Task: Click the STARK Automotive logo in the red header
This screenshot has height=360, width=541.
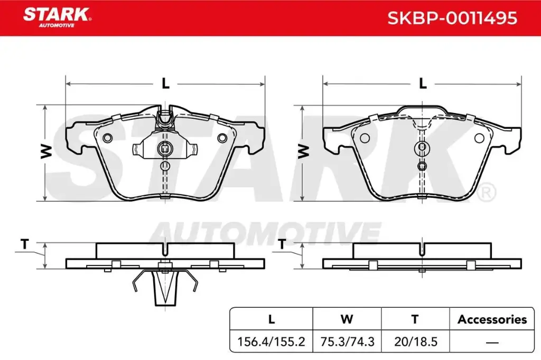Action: [57, 16]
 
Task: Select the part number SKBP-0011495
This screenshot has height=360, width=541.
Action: [452, 18]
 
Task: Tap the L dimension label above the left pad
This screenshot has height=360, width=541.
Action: [165, 83]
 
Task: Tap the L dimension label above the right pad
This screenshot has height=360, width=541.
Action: [423, 83]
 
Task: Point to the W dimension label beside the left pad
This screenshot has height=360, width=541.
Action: [46, 152]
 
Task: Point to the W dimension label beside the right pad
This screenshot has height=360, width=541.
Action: [303, 152]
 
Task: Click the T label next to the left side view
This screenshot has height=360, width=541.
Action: [24, 244]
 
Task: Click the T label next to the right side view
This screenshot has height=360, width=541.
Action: [282, 244]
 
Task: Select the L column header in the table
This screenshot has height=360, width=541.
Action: [272, 319]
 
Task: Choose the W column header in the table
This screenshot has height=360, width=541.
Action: [347, 319]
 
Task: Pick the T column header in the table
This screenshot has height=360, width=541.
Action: [415, 319]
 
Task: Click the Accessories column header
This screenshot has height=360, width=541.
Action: [492, 319]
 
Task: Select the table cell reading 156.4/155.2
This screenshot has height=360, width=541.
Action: [272, 342]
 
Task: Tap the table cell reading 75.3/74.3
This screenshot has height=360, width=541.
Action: [347, 342]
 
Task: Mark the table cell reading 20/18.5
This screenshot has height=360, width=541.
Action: [415, 342]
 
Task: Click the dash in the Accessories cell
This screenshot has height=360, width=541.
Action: [492, 342]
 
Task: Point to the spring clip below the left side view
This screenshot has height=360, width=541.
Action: [164, 288]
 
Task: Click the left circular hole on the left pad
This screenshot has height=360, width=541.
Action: [108, 138]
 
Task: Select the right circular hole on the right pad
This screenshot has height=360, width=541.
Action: [479, 138]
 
